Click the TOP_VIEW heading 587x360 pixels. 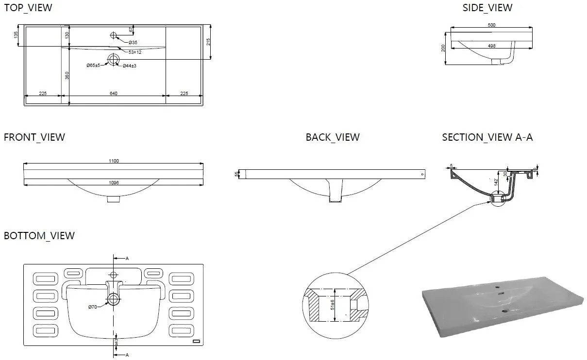click(x=28, y=8)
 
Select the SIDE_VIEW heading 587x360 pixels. click(x=487, y=8)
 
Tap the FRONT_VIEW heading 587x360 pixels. click(x=34, y=137)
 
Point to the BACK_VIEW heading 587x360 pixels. click(x=333, y=137)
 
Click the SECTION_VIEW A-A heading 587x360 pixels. click(x=487, y=137)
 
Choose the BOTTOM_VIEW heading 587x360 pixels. click(x=39, y=236)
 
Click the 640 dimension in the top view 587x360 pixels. click(x=114, y=93)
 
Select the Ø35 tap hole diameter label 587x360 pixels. click(x=133, y=43)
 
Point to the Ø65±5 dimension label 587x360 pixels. click(x=93, y=65)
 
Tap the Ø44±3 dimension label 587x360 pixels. click(x=130, y=65)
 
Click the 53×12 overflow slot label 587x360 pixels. click(x=135, y=52)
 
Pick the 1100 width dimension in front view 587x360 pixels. click(x=114, y=161)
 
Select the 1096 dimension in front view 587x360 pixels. click(x=114, y=182)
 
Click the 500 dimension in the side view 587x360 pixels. click(x=491, y=25)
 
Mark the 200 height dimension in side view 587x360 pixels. click(x=443, y=48)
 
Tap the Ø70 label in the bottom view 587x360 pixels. click(x=92, y=307)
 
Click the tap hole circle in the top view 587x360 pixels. click(x=114, y=35)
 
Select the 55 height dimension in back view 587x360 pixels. click(x=236, y=174)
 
